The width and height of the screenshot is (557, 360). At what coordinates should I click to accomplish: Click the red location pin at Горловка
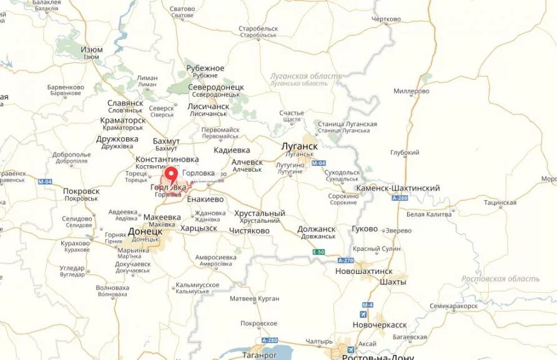coord(171,175)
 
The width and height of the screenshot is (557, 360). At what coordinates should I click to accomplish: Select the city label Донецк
coord(145,231)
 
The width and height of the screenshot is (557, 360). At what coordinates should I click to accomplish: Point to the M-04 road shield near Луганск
coord(318,163)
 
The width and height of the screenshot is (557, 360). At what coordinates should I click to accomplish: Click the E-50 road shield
coord(319,251)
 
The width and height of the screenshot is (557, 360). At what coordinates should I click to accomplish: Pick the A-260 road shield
coord(400,198)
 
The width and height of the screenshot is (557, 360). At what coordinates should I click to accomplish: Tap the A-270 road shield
coord(345,260)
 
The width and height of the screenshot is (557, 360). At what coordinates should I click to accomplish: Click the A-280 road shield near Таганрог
coord(270,340)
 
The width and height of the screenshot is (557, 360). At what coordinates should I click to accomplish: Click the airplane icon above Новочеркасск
coord(365,314)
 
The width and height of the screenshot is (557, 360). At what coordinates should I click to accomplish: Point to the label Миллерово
coord(412,91)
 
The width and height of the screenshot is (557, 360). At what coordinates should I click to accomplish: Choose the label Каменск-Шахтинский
coord(398,188)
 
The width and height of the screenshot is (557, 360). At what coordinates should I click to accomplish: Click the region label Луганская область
coord(306,76)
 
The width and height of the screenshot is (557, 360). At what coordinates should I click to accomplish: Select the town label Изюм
coord(91,49)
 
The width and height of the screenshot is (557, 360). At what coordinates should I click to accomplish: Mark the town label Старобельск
coord(258,29)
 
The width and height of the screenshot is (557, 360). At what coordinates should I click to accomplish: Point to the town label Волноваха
coord(112,288)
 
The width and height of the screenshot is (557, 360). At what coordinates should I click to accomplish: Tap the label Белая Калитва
coord(428,215)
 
